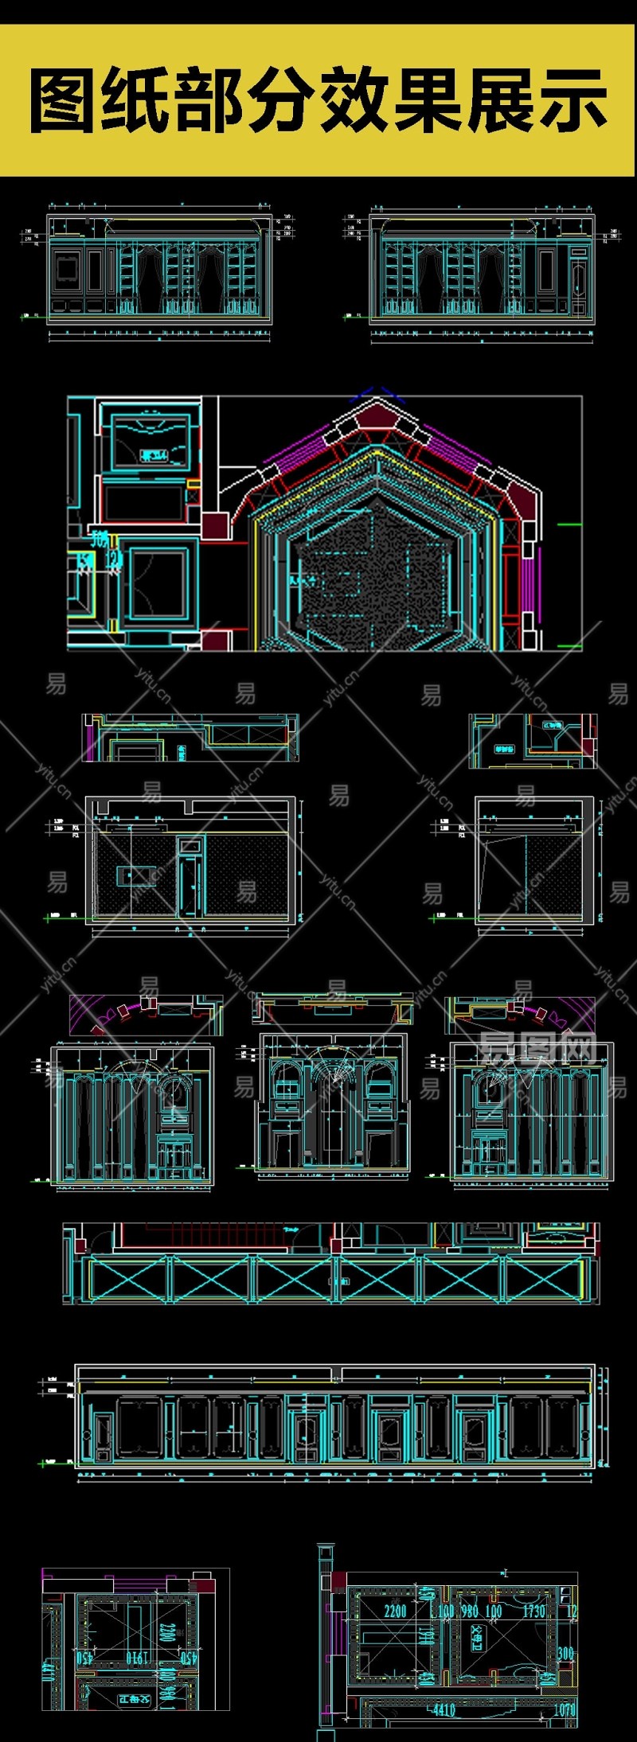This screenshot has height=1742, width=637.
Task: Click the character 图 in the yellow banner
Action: pyautogui.click(x=64, y=101)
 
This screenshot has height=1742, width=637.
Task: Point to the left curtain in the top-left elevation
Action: pyautogui.click(x=148, y=279)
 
